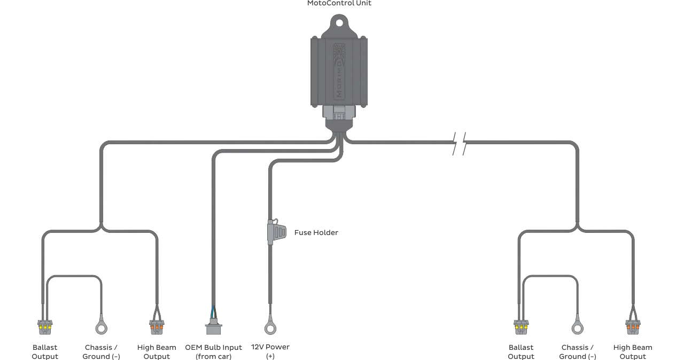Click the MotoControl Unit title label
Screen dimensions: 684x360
click(339, 3)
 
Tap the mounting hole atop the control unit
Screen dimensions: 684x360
click(339, 23)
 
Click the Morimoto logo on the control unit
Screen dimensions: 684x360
click(339, 72)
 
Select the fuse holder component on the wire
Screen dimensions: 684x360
click(277, 232)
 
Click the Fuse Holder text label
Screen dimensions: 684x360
click(316, 232)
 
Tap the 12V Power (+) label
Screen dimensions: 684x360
click(270, 351)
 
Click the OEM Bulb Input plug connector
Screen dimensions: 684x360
click(213, 326)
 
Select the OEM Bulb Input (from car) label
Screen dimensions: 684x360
click(213, 352)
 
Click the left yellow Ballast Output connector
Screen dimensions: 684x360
click(45, 327)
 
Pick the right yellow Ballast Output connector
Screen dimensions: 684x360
click(521, 327)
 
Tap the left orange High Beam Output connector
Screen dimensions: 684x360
click(157, 327)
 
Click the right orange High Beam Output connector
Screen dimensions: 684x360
click(633, 327)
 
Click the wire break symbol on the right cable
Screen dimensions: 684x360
click(460, 143)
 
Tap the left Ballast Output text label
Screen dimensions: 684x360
click(45, 352)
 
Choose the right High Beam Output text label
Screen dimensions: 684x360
click(633, 352)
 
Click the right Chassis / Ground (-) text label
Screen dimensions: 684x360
click(578, 352)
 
